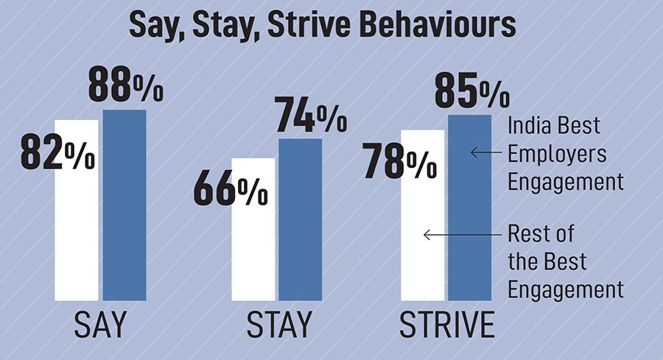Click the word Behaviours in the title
click(446, 25)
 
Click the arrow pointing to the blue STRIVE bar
click(487, 152)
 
